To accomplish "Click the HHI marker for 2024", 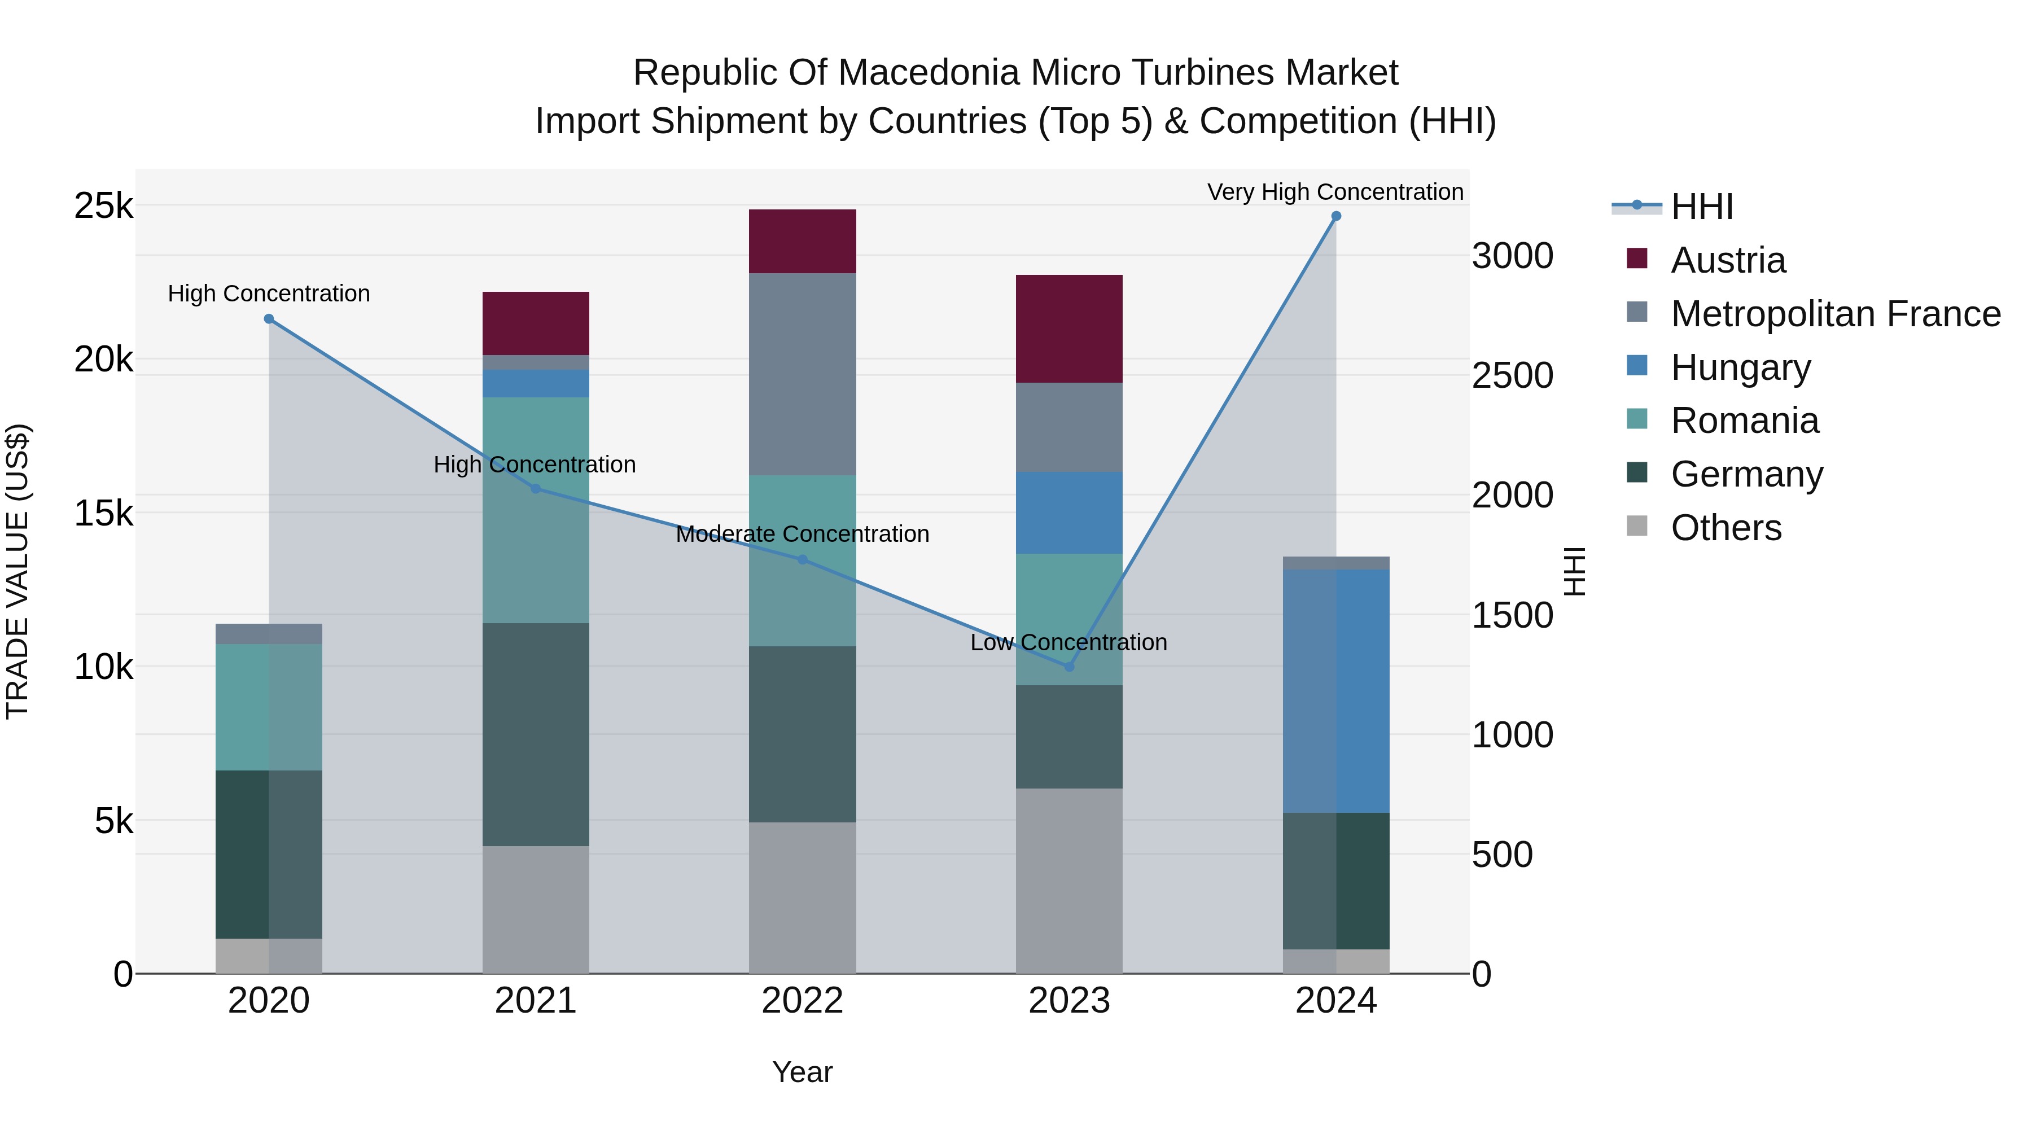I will [x=1335, y=216].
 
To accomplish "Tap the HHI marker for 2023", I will [x=1069, y=667].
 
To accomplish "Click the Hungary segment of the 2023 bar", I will [x=1069, y=513].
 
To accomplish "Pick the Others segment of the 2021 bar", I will [x=536, y=909].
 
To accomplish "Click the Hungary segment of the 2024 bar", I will [x=1335, y=691].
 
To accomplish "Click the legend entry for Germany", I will [x=1746, y=474].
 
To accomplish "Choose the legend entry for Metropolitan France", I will [x=1835, y=314].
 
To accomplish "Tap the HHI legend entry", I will [x=1701, y=207].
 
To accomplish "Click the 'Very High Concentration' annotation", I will [x=1335, y=192].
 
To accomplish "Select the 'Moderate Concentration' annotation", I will [x=802, y=534].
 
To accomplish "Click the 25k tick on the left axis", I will [x=103, y=206].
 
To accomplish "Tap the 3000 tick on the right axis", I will [x=1512, y=256].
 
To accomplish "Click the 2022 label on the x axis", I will [x=802, y=1001].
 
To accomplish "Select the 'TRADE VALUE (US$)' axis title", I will [x=17, y=571].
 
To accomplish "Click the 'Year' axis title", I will [x=802, y=1072].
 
